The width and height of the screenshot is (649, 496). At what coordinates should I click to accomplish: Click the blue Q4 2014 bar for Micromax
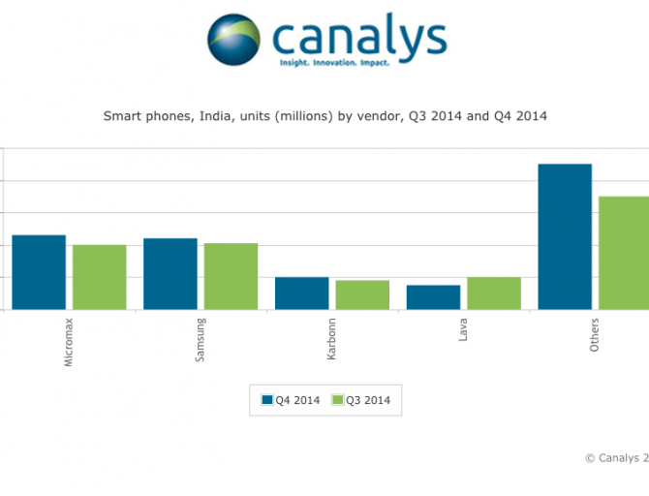tap(39, 272)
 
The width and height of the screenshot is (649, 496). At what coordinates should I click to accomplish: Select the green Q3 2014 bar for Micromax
tap(99, 277)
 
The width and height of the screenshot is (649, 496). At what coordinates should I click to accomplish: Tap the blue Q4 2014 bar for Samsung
tap(170, 274)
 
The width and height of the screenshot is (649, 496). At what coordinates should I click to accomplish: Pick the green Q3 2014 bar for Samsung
tap(231, 276)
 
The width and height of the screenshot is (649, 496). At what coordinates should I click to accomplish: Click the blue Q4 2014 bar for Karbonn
tap(302, 294)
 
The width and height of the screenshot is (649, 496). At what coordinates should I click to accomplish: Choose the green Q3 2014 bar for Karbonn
tap(362, 294)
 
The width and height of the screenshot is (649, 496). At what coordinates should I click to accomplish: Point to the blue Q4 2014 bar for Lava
tap(433, 297)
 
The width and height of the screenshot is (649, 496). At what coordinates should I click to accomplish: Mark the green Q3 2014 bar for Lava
tap(493, 294)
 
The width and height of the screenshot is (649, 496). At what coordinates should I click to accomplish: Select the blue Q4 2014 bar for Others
tap(565, 236)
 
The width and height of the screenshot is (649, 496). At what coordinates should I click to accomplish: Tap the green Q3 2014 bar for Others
tap(624, 253)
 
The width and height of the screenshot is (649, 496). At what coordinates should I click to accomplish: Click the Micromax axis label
tap(68, 342)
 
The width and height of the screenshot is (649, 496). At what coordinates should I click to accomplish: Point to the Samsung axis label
tap(200, 340)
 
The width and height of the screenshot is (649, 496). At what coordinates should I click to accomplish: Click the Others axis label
tap(594, 334)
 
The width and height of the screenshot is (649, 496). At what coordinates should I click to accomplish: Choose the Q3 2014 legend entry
tap(362, 400)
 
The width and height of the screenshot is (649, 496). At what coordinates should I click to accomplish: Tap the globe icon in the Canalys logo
tap(234, 39)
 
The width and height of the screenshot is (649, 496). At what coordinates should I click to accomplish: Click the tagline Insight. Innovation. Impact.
tap(334, 62)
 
